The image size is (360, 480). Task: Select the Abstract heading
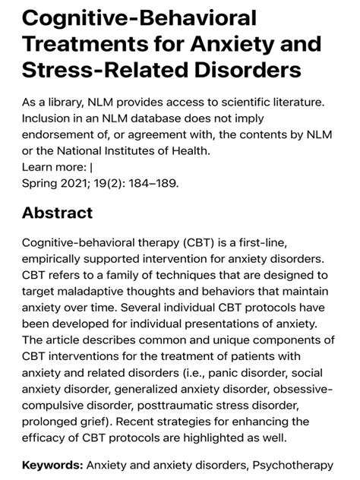pyautogui.click(x=58, y=213)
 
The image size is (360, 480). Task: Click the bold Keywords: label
pyautogui.click(x=52, y=463)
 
